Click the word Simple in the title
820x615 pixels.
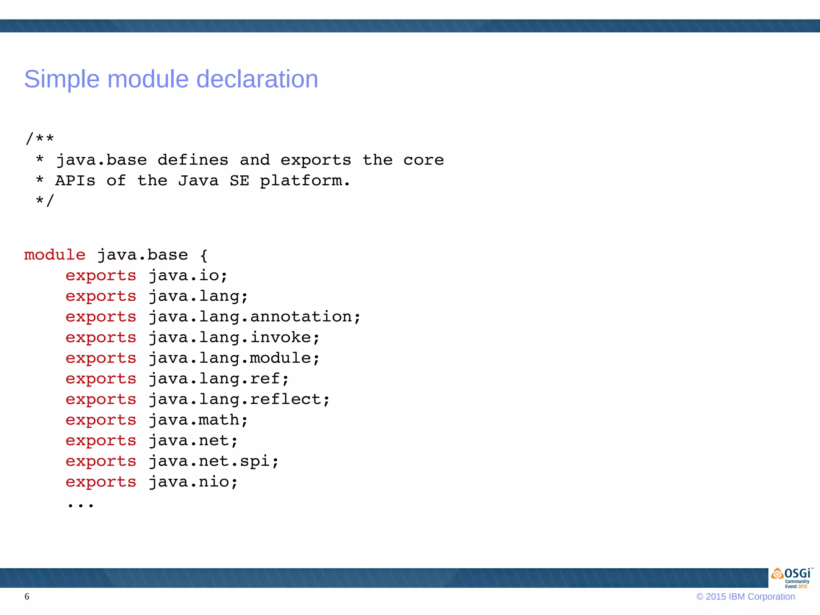(62, 79)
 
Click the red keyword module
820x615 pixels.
(55, 255)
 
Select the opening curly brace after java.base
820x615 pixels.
(204, 255)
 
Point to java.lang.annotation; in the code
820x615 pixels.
(255, 317)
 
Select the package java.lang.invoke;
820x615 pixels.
(234, 338)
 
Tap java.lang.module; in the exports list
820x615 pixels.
(234, 358)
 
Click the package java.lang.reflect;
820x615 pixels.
(239, 400)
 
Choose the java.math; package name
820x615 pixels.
(198, 420)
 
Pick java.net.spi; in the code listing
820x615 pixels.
(213, 461)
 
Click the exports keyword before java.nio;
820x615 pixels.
(101, 482)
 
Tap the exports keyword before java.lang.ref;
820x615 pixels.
(101, 379)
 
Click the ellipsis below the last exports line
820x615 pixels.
(80, 505)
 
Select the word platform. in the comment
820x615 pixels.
(305, 181)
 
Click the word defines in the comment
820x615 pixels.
(193, 160)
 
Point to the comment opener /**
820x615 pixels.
(40, 139)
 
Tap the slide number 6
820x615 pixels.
(27, 597)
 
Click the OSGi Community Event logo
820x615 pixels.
(791, 578)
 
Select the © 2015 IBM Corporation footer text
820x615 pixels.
(746, 597)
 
